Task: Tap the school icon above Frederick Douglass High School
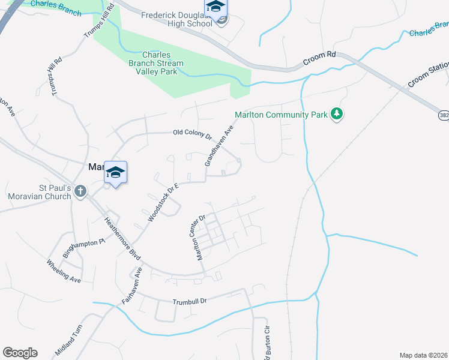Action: [215, 7]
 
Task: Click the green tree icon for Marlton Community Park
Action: [337, 113]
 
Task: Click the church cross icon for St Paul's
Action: [80, 191]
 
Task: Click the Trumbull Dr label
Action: [189, 301]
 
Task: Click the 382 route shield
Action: [442, 113]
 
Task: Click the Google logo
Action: [20, 352]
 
